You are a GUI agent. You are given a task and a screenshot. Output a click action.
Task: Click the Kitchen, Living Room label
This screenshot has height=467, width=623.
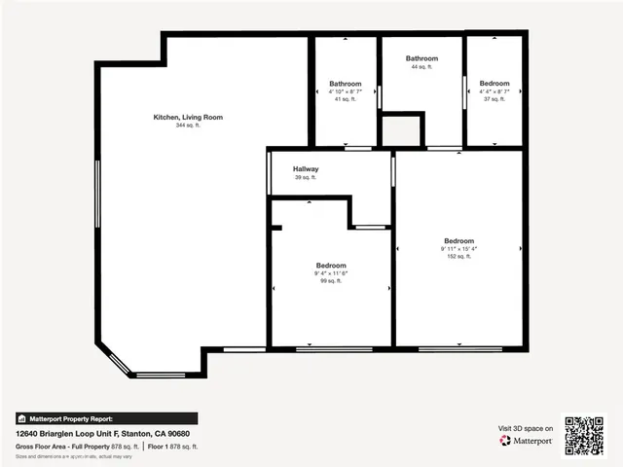[188, 118]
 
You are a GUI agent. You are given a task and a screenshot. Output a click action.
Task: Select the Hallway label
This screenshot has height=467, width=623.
[306, 169]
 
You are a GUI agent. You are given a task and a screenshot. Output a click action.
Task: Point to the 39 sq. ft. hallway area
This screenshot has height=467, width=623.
[306, 177]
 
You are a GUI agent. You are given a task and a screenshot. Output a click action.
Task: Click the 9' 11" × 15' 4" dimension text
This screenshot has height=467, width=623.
[458, 249]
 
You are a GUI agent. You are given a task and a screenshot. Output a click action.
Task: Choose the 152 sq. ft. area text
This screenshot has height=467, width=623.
[458, 257]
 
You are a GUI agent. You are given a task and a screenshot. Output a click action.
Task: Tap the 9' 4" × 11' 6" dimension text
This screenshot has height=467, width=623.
[330, 273]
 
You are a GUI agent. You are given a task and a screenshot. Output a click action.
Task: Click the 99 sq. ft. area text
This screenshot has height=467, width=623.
[330, 281]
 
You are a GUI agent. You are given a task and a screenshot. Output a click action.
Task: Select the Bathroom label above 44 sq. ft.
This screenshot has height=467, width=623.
[421, 58]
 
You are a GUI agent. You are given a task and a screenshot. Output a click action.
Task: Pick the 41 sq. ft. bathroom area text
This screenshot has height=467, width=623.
[346, 99]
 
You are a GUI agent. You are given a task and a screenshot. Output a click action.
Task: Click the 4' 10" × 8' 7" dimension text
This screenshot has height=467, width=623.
[346, 91]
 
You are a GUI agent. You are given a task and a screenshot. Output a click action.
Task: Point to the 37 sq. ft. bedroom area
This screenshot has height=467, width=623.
[494, 99]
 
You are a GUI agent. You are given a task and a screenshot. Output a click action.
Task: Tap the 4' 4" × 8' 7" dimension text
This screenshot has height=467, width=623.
[494, 91]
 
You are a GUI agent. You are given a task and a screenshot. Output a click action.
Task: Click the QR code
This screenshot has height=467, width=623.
[585, 435]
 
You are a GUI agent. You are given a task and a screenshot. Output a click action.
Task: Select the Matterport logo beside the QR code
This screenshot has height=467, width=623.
[527, 441]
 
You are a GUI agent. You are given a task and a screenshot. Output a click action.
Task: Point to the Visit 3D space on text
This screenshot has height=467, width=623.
[526, 428]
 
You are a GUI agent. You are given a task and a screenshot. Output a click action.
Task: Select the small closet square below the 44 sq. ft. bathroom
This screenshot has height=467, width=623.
[402, 130]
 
